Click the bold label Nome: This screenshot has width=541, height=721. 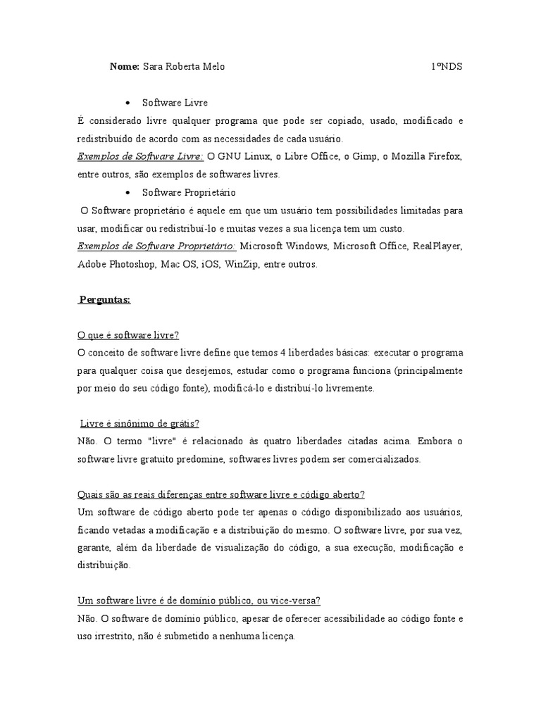[125, 67]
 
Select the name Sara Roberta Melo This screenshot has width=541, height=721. [184, 67]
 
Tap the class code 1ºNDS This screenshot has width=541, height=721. [447, 67]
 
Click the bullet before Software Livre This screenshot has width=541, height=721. [127, 103]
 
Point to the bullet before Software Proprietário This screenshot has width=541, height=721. [127, 192]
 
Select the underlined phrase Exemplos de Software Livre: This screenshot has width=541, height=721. [140, 156]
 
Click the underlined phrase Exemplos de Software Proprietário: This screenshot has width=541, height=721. [156, 246]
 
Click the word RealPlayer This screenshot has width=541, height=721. [437, 246]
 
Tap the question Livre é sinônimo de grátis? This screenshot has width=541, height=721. [140, 423]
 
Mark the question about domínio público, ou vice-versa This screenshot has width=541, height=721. [199, 601]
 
